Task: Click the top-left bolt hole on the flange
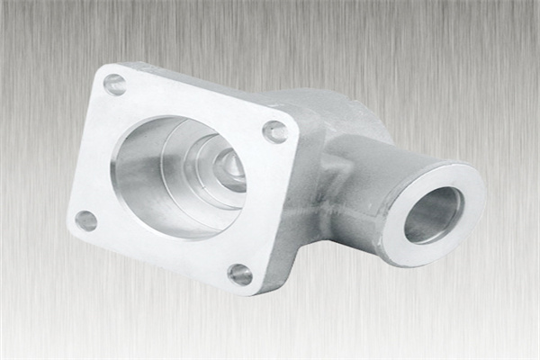(115, 85)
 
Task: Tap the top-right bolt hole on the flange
(274, 132)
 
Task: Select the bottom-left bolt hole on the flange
(86, 219)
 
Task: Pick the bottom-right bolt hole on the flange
(240, 274)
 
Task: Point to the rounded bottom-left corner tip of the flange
(72, 225)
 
